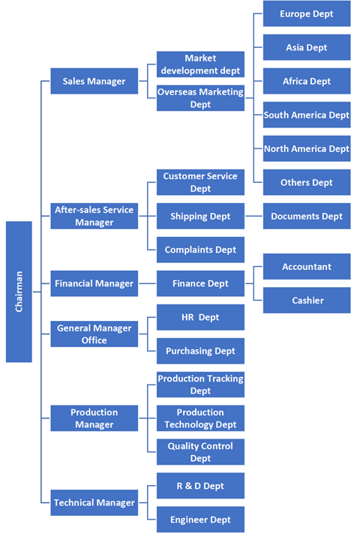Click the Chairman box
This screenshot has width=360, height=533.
point(19,292)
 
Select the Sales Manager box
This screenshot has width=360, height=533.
point(94,81)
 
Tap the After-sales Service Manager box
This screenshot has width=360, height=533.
point(94,216)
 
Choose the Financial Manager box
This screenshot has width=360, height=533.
point(94,283)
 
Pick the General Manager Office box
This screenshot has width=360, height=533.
point(94,334)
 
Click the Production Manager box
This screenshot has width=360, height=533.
point(94,418)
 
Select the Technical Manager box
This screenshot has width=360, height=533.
point(94,502)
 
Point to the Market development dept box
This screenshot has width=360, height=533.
point(200,64)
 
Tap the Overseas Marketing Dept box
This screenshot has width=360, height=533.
point(200,98)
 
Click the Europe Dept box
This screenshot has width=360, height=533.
point(306,14)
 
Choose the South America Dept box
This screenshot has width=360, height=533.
point(306,115)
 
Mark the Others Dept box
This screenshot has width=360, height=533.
point(306,182)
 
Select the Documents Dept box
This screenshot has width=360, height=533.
point(306,216)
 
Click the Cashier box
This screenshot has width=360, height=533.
point(306,300)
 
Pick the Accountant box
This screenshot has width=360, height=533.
point(306,266)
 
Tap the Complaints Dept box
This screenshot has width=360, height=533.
point(200,250)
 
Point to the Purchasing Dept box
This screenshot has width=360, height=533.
point(200,351)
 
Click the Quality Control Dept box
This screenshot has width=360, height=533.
point(200,452)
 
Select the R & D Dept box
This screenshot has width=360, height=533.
point(200,486)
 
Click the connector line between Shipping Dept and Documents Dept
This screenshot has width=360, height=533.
point(253,216)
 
